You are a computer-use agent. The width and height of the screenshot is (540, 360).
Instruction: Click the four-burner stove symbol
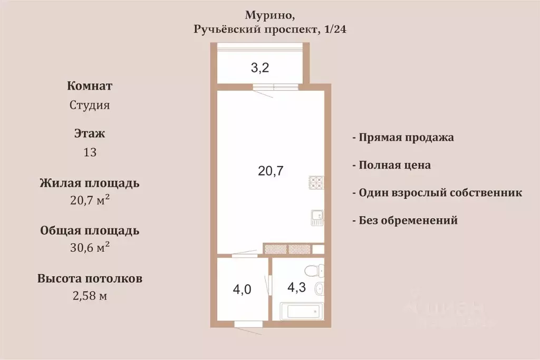pyautogui.click(x=316, y=183)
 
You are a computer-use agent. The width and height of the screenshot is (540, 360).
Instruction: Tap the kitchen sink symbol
pyautogui.click(x=316, y=217)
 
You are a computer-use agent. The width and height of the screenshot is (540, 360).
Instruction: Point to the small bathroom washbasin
pyautogui.click(x=319, y=289)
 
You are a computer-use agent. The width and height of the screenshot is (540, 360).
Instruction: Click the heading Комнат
pyautogui.click(x=90, y=86)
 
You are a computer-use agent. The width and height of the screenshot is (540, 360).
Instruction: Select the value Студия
pyautogui.click(x=90, y=105)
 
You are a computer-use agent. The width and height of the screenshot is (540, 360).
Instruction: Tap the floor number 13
pyautogui.click(x=90, y=152)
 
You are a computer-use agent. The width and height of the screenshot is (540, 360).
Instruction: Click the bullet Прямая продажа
pyautogui.click(x=406, y=138)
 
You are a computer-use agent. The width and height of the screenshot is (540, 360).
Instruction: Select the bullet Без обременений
pyautogui.click(x=408, y=220)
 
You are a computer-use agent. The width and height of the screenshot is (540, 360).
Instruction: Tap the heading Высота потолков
pyautogui.click(x=90, y=278)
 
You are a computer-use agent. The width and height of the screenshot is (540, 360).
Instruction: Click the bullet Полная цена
pyautogui.click(x=394, y=165)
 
